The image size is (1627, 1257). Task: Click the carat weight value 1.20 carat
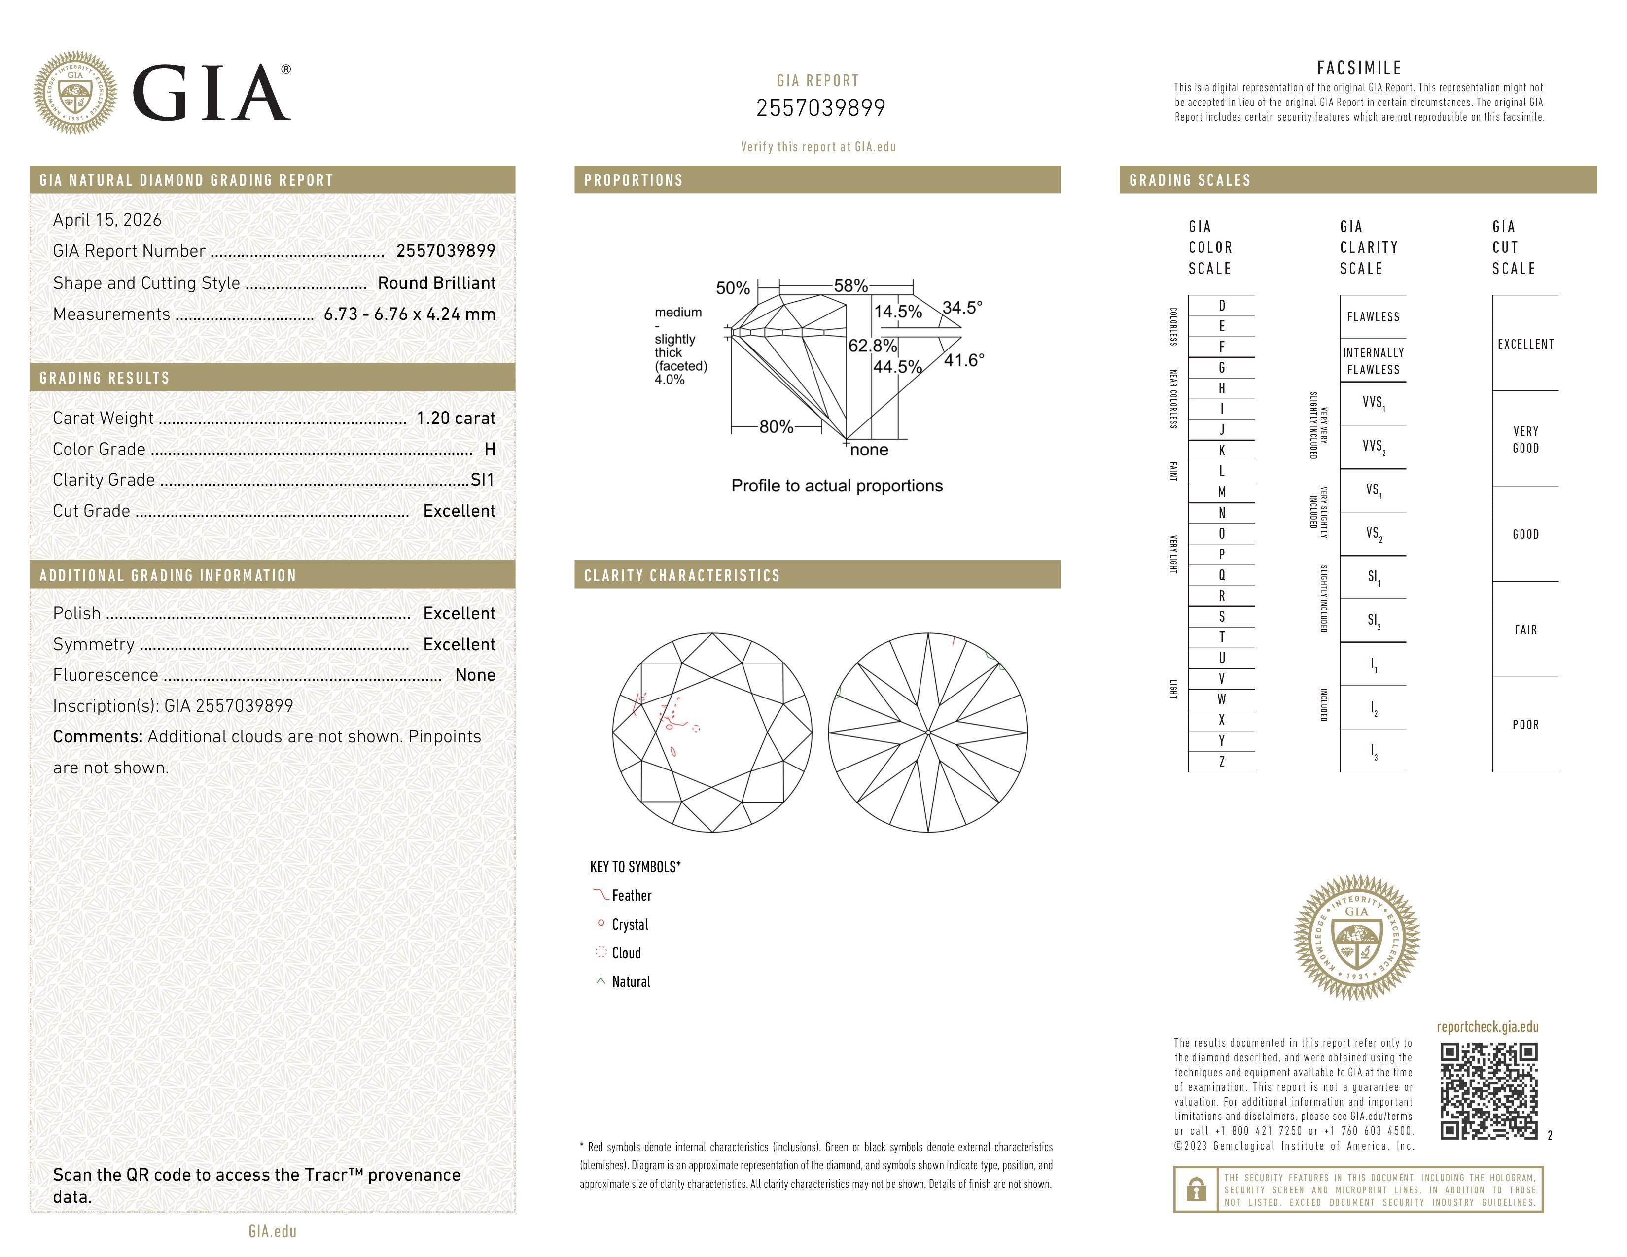[455, 418]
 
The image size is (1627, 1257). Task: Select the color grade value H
[490, 449]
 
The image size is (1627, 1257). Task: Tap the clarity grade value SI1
[482, 480]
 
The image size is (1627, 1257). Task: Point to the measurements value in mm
[409, 314]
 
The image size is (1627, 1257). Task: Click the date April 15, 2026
[107, 220]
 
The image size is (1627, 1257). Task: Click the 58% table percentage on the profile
[850, 286]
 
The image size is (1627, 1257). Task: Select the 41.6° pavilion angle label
[963, 360]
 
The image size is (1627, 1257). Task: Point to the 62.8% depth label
[872, 346]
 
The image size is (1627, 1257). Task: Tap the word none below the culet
[869, 450]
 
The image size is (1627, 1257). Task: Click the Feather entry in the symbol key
[631, 895]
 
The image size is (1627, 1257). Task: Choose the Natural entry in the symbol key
[630, 981]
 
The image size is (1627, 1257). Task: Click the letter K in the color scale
[1221, 451]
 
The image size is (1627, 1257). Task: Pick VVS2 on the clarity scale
[1373, 446]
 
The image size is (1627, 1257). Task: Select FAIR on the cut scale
[1525, 629]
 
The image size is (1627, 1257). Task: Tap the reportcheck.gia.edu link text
[1487, 1027]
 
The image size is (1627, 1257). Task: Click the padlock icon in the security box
[1196, 1189]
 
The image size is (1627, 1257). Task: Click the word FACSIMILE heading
[1359, 68]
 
